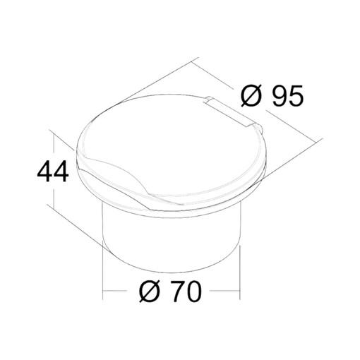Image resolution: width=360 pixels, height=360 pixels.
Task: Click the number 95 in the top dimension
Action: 287,95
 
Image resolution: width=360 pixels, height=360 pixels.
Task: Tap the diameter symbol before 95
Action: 251,95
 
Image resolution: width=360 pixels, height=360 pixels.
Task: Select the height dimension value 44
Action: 53,171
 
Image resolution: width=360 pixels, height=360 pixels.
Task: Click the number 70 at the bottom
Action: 186,292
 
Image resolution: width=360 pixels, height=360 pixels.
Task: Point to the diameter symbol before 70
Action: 150,292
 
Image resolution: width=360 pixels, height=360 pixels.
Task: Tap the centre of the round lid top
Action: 172,150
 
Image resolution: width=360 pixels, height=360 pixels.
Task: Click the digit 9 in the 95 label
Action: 280,95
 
